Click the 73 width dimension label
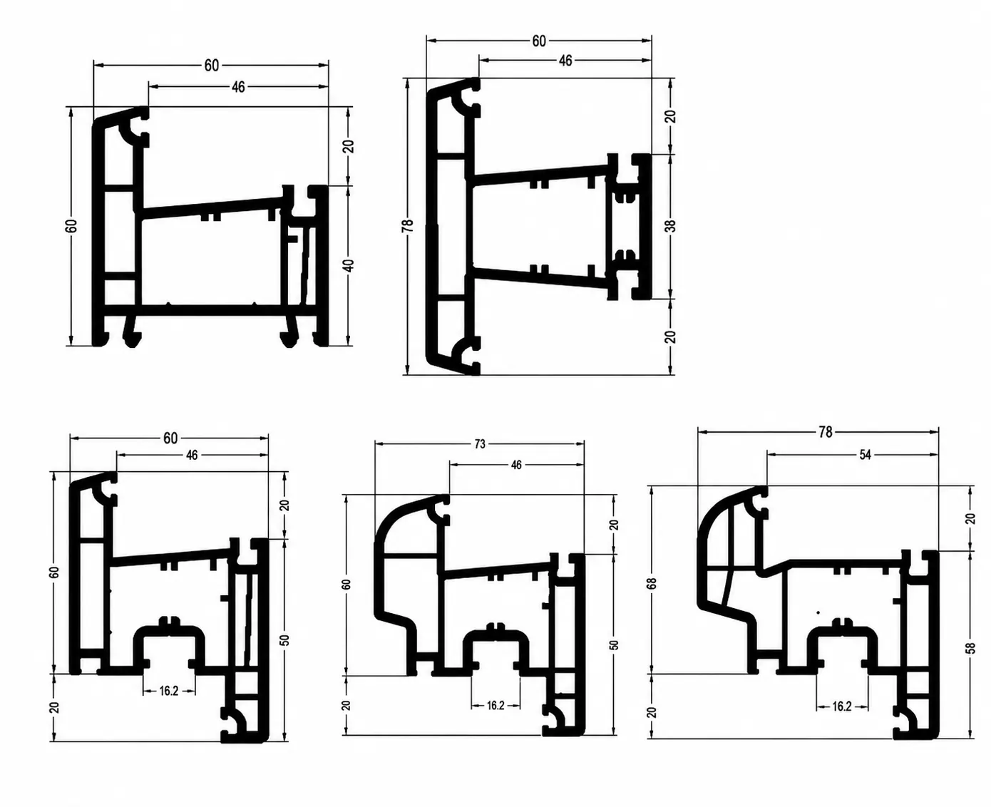(x=480, y=444)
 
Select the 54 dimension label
(x=865, y=455)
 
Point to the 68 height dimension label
(x=653, y=583)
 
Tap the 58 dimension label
(x=971, y=647)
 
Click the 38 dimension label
(x=671, y=226)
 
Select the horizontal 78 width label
(x=826, y=432)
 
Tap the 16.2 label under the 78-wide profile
(x=842, y=706)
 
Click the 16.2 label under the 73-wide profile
(x=495, y=705)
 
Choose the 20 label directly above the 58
(x=970, y=518)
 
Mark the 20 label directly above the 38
(x=671, y=115)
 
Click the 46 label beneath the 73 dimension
(x=516, y=464)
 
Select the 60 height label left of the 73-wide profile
(x=346, y=585)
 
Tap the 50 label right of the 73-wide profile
(x=614, y=645)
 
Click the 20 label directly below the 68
(x=652, y=712)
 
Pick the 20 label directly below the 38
(x=671, y=336)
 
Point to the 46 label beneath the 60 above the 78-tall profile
(x=565, y=61)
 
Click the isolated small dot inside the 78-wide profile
(x=818, y=612)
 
